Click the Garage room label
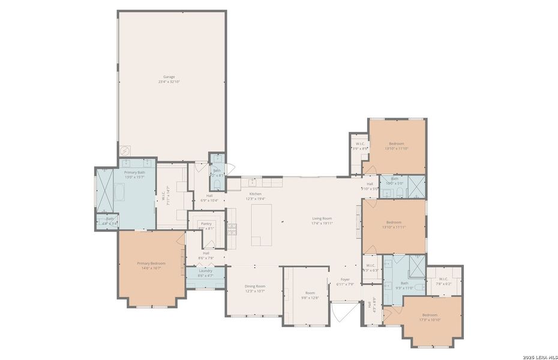tap(170, 77)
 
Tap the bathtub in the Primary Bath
tap(120, 194)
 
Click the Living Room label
tap(322, 218)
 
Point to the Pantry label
tap(206, 223)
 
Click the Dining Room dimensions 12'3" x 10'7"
tap(255, 291)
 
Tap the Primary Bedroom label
tap(151, 263)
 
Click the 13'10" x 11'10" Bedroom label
tap(397, 143)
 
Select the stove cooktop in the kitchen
tap(232, 228)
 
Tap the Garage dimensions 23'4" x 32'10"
tap(170, 82)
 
